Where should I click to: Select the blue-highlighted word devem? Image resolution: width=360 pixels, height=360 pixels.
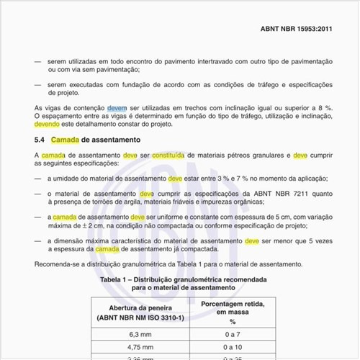pos(117,107)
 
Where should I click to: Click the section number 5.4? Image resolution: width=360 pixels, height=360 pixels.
pos(40,139)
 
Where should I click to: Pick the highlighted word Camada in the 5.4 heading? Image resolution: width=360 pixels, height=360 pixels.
pos(65,139)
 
